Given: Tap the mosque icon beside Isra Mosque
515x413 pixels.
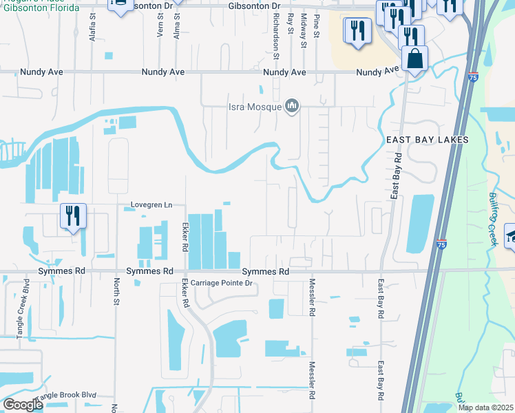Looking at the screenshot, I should (291, 106).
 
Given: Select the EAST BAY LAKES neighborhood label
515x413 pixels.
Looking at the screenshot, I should (427, 140).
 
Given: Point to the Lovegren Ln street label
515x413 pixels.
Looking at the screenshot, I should (151, 205).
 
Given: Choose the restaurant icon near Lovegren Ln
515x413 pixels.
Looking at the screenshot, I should (72, 216).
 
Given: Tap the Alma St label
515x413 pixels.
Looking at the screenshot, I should (177, 25).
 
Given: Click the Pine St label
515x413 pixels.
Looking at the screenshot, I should (316, 25).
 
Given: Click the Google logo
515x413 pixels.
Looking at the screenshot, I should (23, 404).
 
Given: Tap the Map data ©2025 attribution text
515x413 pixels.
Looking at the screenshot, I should (485, 407).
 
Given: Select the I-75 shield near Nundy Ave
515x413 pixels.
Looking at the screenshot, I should (472, 78).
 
